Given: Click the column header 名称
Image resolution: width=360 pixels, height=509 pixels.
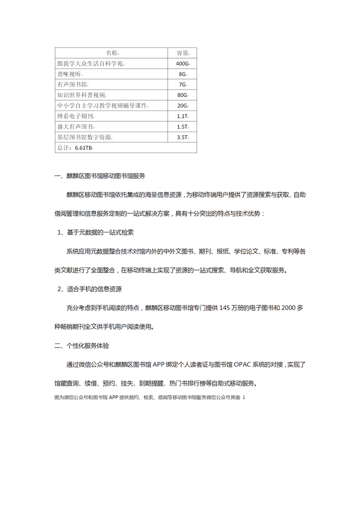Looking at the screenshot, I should pyautogui.click(x=112, y=53).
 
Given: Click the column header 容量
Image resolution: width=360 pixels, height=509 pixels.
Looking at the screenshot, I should pyautogui.click(x=182, y=53).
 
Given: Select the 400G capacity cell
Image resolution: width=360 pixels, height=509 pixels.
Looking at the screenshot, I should pyautogui.click(x=182, y=64).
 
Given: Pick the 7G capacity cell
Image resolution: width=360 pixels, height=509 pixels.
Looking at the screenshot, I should pyautogui.click(x=182, y=84).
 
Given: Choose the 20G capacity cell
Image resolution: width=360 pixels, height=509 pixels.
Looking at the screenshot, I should pyautogui.click(x=182, y=105).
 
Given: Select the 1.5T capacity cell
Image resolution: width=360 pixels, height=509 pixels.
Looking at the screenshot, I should pyautogui.click(x=182, y=126).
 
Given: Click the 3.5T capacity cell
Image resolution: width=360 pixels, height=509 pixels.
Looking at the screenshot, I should pyautogui.click(x=182, y=137).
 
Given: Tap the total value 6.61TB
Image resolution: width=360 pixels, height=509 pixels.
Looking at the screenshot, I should pyautogui.click(x=83, y=148).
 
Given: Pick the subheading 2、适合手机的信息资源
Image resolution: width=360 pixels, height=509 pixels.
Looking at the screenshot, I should pyautogui.click(x=90, y=289).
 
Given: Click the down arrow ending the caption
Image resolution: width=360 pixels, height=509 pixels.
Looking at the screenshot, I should pyautogui.click(x=244, y=397).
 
